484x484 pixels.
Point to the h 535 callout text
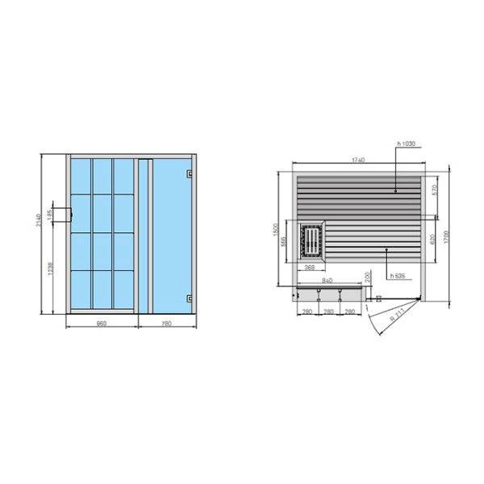[397, 276]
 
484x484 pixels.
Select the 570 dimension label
[434, 190]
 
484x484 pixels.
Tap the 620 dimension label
[434, 239]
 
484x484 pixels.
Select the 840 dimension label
[327, 280]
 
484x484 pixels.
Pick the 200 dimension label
[368, 277]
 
